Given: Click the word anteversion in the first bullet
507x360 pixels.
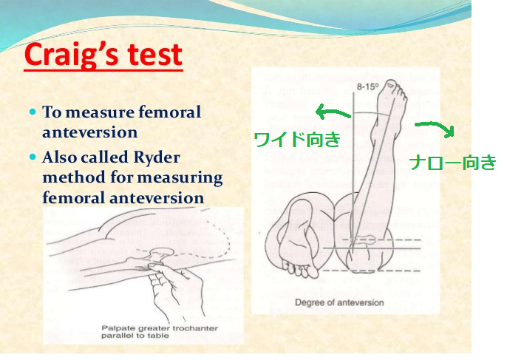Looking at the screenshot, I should [x=89, y=132].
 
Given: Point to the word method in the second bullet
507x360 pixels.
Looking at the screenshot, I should [x=69, y=178].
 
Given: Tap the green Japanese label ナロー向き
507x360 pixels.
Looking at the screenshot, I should [x=452, y=163].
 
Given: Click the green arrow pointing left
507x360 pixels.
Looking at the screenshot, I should [x=332, y=113].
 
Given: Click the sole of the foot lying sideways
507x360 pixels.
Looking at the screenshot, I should [x=299, y=237].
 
